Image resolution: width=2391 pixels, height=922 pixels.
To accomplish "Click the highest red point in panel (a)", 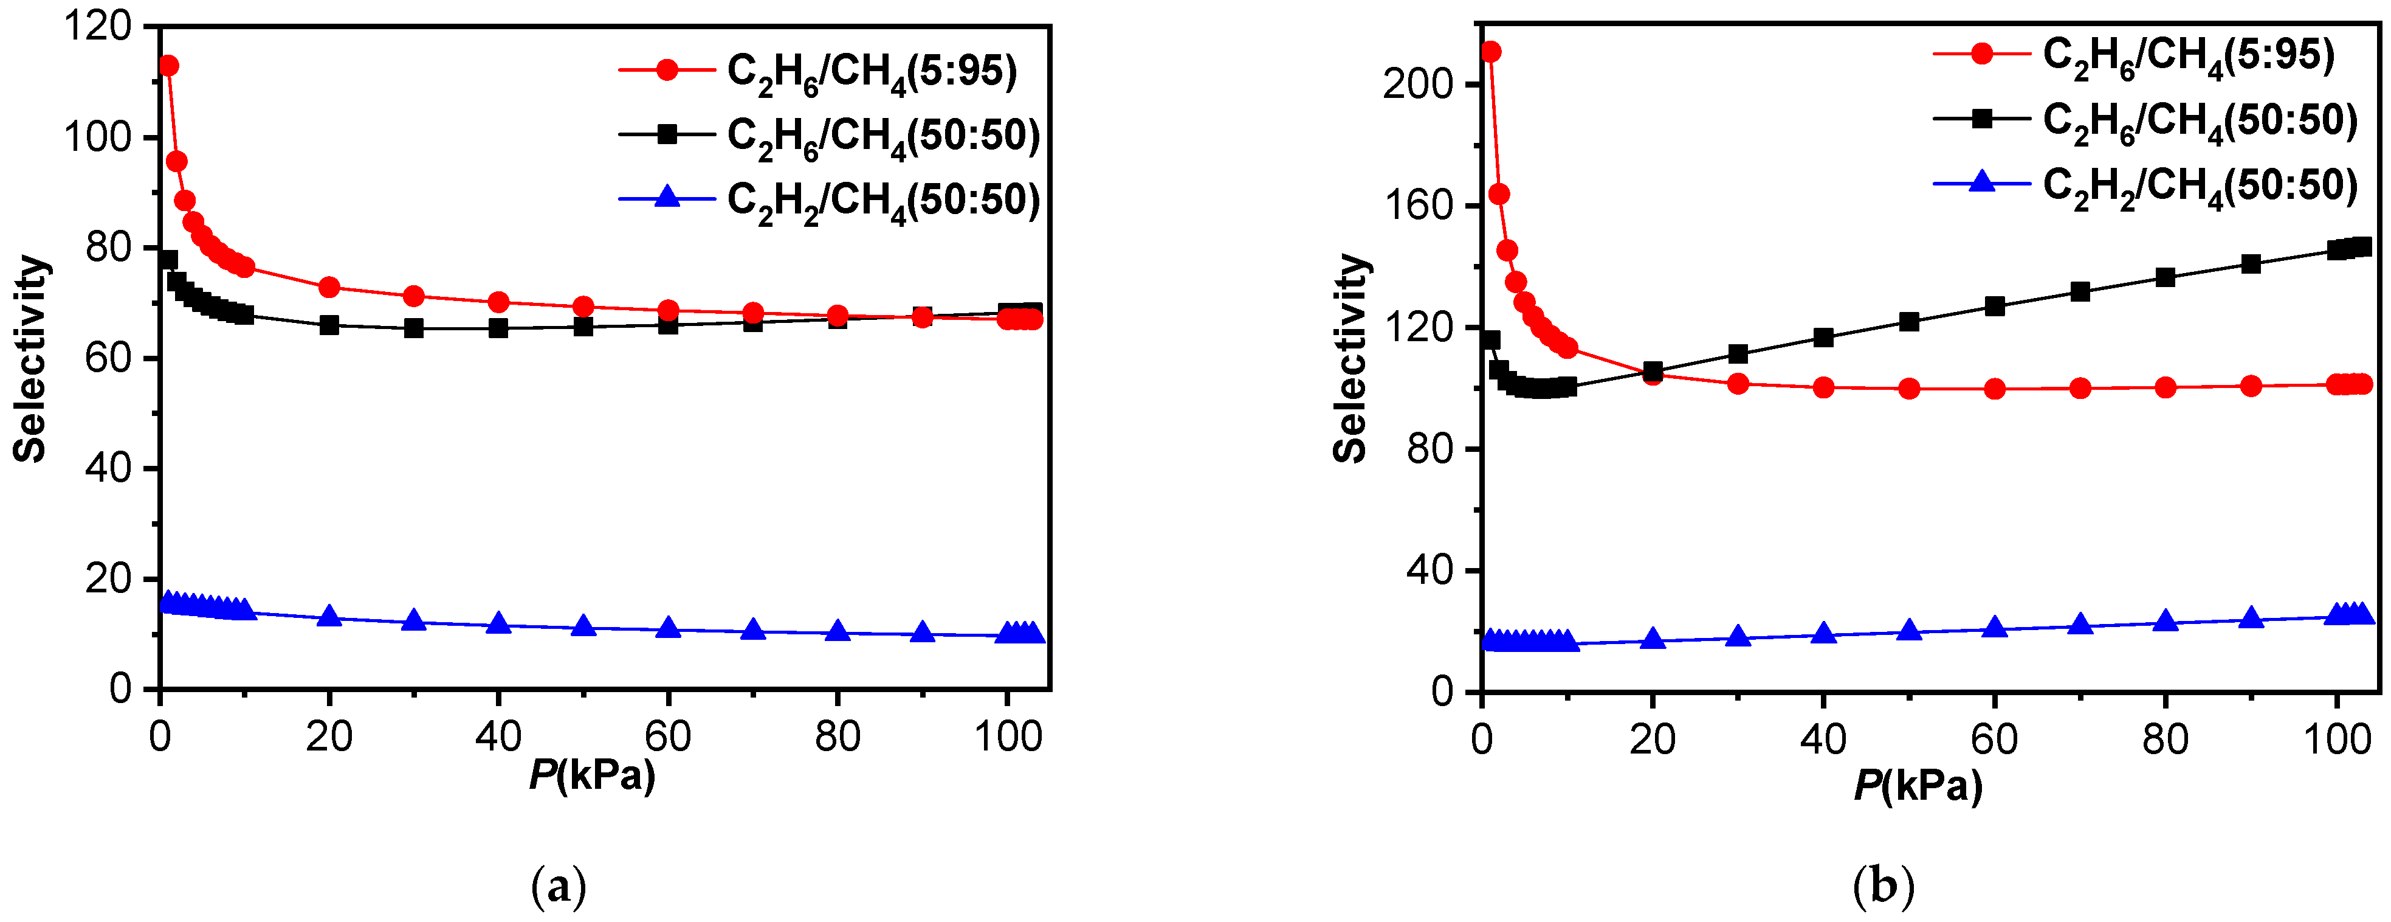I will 168,66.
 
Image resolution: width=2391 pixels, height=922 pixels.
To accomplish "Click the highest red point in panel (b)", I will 1491,52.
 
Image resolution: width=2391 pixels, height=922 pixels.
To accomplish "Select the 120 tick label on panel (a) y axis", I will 97,27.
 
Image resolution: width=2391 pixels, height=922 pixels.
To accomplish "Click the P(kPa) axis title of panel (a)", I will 592,774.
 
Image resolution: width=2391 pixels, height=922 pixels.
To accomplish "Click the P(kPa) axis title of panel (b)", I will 1918,786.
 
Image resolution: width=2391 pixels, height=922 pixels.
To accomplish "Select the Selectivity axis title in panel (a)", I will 30,358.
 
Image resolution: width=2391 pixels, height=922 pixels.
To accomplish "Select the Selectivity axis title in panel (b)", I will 1350,358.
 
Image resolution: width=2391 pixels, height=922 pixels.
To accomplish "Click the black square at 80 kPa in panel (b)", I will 2166,277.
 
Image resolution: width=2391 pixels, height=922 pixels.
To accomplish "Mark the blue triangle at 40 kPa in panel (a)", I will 498,623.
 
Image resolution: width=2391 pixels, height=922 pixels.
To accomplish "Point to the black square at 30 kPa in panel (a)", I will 414,328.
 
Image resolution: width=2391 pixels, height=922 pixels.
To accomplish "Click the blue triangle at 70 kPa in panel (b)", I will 2080,624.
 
